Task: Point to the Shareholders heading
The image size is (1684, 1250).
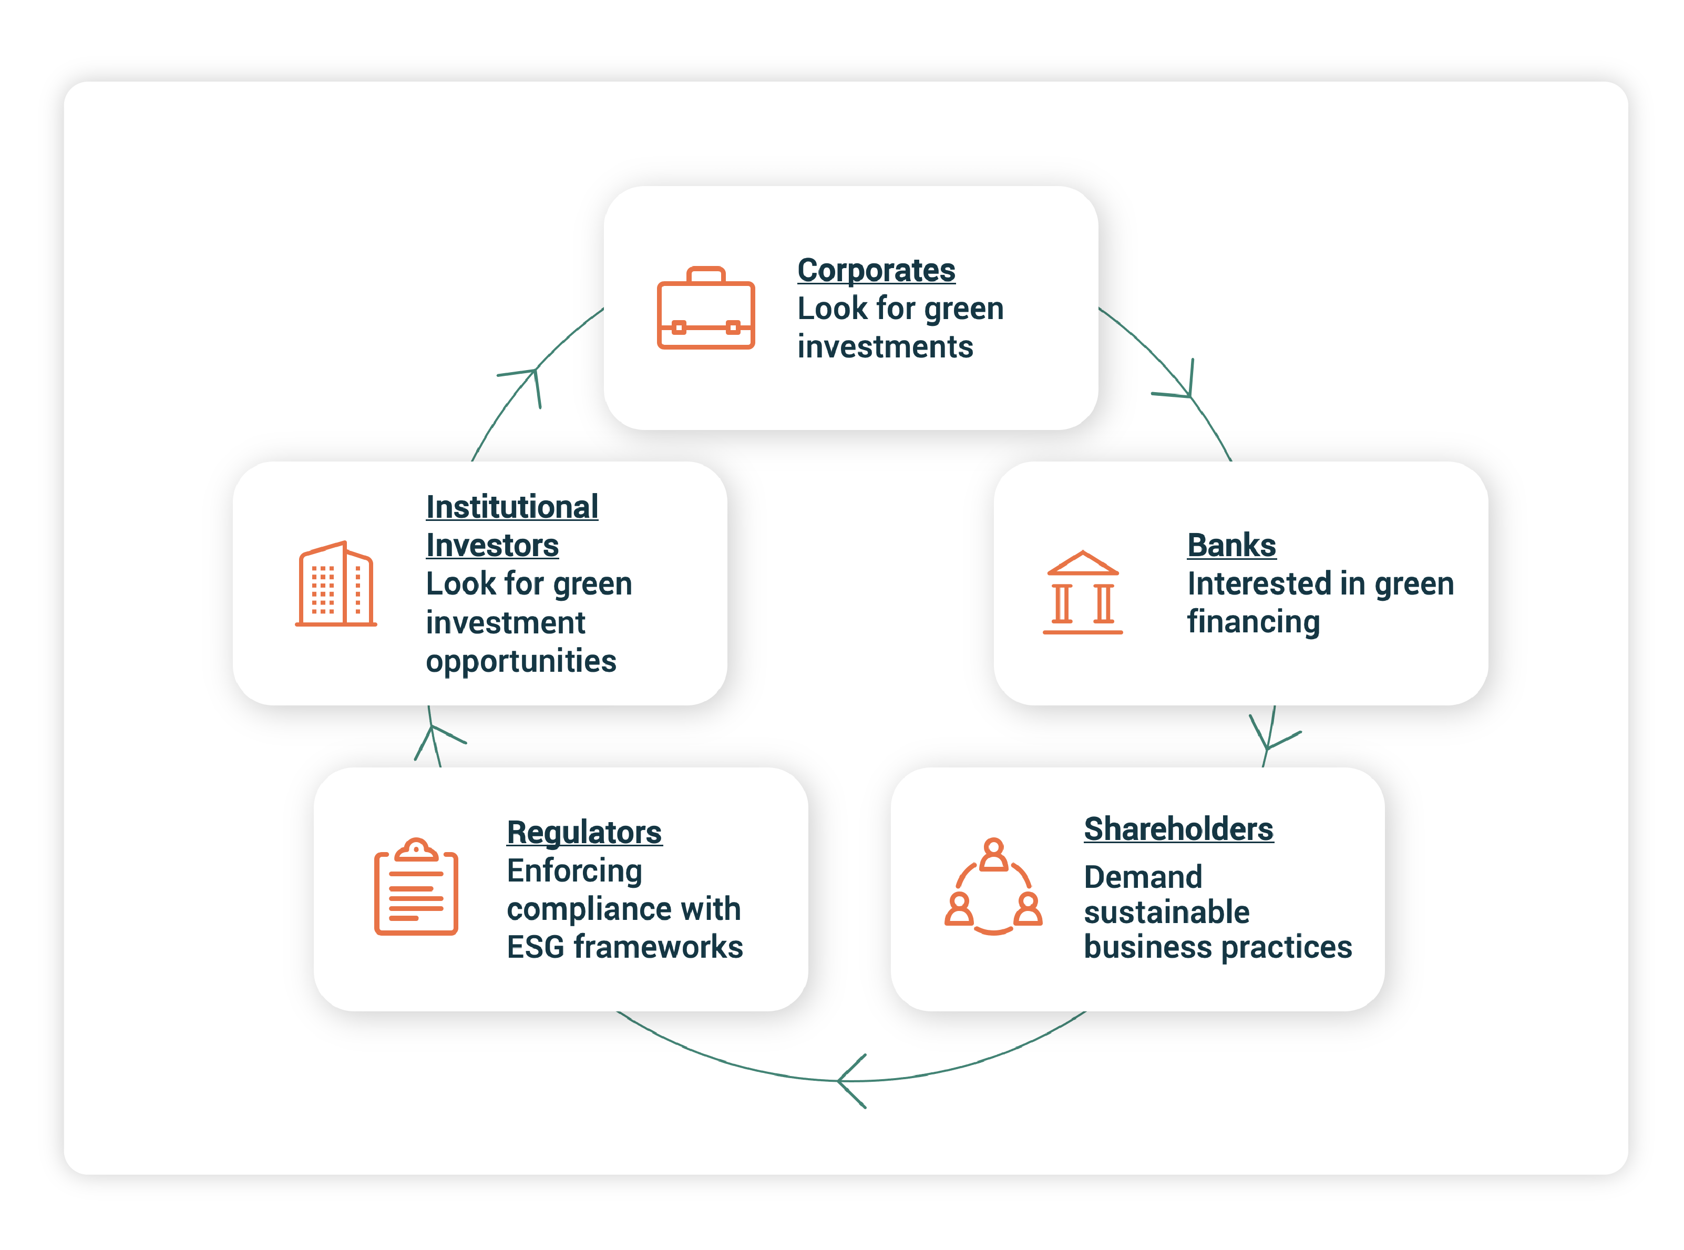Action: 1178,829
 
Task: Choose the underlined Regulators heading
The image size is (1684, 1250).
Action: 583,832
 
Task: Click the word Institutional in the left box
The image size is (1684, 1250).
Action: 511,507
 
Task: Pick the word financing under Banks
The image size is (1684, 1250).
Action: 1253,622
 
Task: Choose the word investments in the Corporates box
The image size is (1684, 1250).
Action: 885,347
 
